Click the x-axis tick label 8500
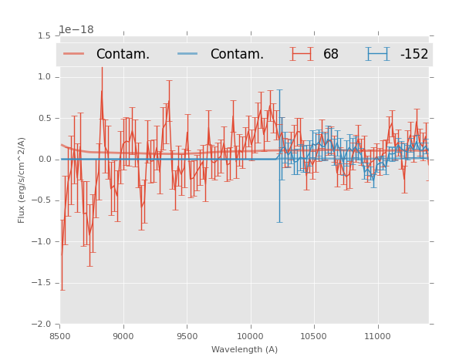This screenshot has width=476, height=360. (x=60, y=336)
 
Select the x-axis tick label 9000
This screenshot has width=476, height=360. (x=123, y=336)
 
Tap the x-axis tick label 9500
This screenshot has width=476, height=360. (x=187, y=336)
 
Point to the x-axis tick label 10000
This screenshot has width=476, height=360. (x=251, y=336)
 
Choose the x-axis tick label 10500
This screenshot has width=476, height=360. (x=314, y=336)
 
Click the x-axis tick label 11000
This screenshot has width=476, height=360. (x=377, y=336)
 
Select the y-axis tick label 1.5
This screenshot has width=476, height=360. (x=44, y=36)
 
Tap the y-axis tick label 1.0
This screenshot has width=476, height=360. (x=44, y=77)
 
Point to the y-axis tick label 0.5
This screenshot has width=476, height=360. (x=44, y=118)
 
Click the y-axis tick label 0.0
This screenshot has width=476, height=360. (x=44, y=160)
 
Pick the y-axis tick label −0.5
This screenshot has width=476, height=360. (x=42, y=200)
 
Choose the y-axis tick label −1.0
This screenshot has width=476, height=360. (x=42, y=242)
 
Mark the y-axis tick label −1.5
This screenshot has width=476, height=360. (x=42, y=283)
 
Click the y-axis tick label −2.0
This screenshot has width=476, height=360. (x=42, y=325)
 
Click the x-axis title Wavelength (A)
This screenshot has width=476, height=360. (x=245, y=350)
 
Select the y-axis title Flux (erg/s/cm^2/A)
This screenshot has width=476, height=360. (x=22, y=180)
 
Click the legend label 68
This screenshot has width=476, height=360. (x=331, y=54)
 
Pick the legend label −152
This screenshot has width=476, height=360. (x=414, y=54)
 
